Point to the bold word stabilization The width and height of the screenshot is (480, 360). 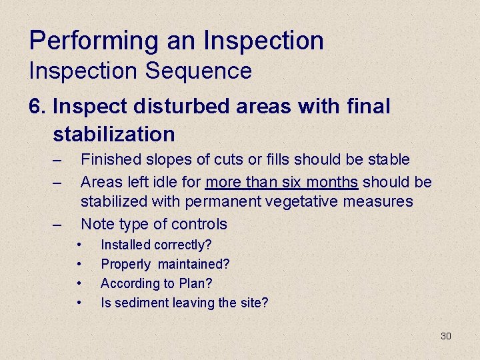[114, 134]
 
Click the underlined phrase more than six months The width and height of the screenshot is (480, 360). [281, 182]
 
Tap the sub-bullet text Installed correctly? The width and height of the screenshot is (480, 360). [156, 245]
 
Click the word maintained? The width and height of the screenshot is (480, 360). [193, 265]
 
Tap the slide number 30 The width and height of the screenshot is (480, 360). [446, 336]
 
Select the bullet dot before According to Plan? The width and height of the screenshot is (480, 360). [79, 283]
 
